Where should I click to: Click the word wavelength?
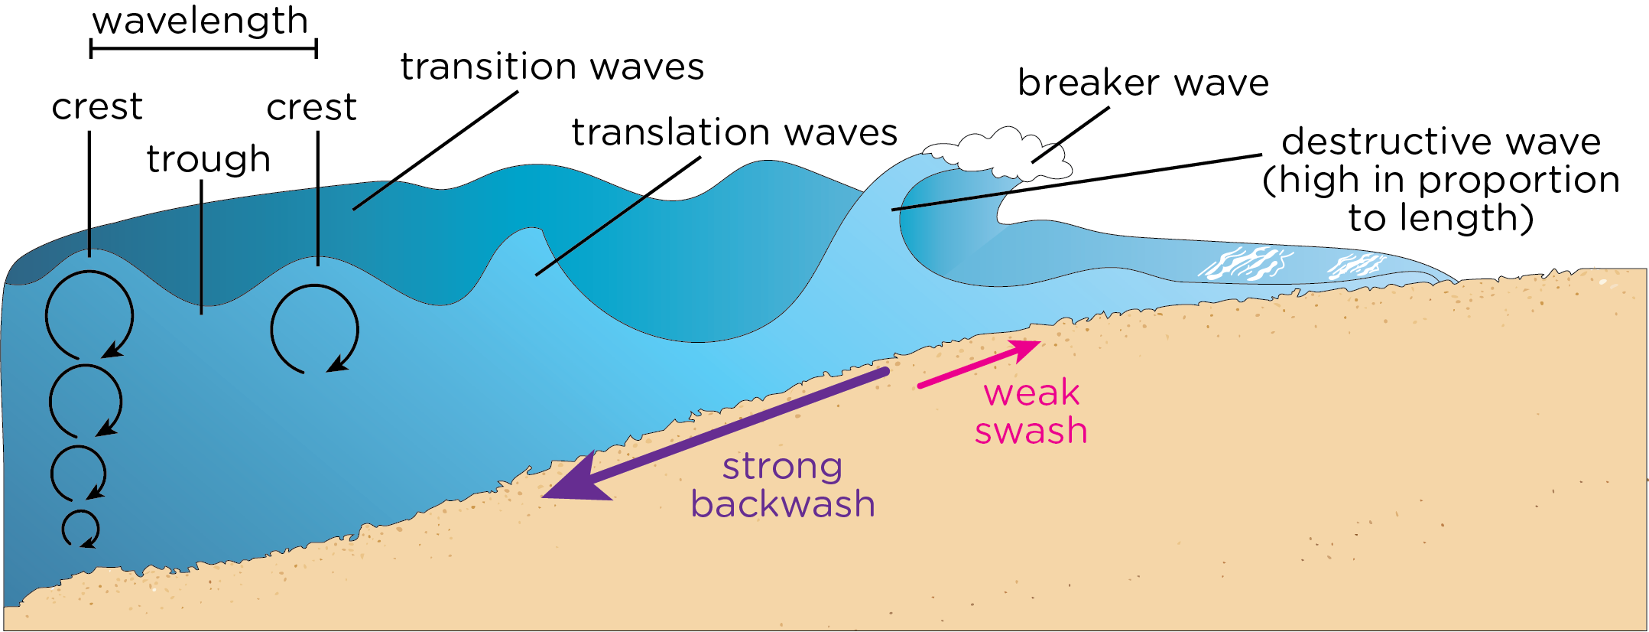200,21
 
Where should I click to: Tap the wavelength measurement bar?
203,49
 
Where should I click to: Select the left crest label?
97,107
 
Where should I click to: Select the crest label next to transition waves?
311,108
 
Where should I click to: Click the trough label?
209,159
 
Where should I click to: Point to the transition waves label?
552,67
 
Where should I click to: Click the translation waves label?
734,133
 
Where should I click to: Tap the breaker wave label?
1143,83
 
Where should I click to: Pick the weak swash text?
1031,412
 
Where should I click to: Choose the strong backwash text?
783,485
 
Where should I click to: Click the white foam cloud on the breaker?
1001,153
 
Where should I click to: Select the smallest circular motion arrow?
80,529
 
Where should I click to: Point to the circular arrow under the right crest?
314,329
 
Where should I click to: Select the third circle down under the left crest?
78,473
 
